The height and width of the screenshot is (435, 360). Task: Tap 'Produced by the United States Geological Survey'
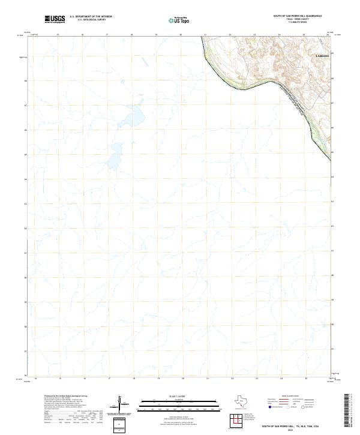click(53, 397)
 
